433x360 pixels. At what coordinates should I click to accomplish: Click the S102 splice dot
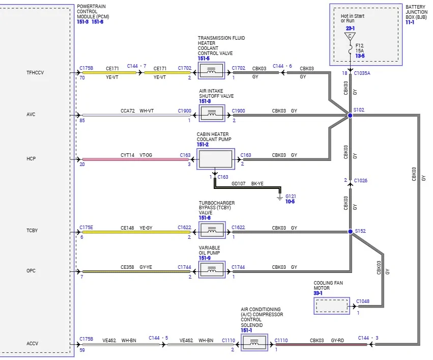(x=350, y=115)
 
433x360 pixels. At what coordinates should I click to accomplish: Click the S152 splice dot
(x=350, y=232)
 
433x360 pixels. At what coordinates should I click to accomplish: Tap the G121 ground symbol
(x=280, y=197)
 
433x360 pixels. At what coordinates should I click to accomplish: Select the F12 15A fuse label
(x=360, y=48)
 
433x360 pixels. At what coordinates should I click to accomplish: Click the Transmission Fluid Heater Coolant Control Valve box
(x=212, y=71)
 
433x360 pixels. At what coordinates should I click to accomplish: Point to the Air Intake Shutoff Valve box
(x=212, y=113)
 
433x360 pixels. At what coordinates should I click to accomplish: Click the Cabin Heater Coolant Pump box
(x=216, y=159)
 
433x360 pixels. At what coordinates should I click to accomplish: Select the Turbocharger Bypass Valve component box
(x=212, y=230)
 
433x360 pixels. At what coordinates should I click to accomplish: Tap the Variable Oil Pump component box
(x=212, y=269)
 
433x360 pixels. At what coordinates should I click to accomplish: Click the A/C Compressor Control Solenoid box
(x=254, y=342)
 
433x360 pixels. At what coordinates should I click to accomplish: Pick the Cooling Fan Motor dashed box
(x=332, y=306)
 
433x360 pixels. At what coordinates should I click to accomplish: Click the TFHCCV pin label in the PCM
(x=35, y=73)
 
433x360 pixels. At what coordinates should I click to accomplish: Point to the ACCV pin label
(x=32, y=343)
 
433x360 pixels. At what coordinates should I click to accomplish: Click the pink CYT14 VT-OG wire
(x=135, y=159)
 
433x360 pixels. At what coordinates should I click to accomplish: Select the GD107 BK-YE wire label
(x=247, y=183)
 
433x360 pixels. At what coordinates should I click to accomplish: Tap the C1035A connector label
(x=362, y=73)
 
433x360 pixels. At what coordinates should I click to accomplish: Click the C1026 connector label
(x=361, y=180)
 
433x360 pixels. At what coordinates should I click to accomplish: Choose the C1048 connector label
(x=363, y=301)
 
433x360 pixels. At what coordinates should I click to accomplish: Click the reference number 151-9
(x=205, y=258)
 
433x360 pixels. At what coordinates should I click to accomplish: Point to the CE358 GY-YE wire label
(x=136, y=267)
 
